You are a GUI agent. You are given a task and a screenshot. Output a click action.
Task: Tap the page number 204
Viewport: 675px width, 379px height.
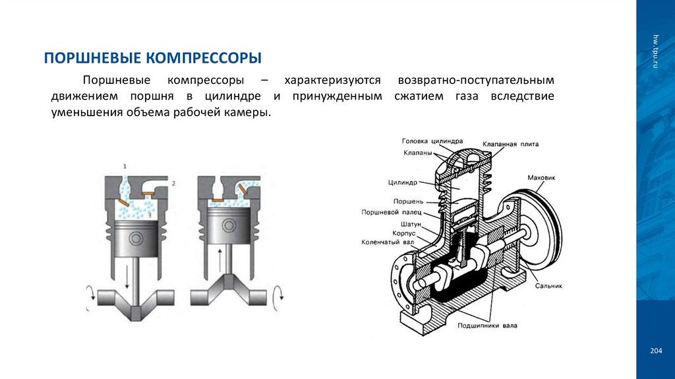655,350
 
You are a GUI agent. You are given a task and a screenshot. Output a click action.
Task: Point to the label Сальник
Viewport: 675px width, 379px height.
549,287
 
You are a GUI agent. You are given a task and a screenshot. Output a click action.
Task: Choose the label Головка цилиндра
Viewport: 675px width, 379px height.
432,141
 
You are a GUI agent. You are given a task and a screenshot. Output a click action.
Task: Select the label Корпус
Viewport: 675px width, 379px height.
405,233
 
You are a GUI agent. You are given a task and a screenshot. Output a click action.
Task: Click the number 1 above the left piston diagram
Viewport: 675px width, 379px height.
125,164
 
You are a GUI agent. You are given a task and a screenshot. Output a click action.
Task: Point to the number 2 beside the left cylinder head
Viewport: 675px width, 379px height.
173,181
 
